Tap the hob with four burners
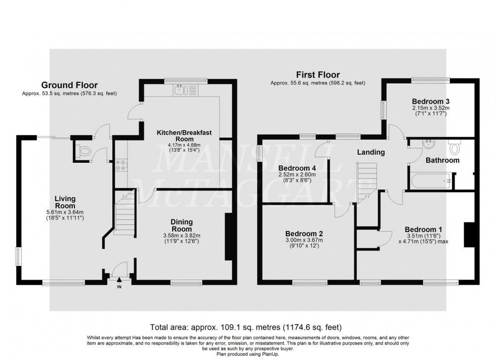point(122,165)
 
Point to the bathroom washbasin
point(429,143)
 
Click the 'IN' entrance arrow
point(119,281)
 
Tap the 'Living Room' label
point(65,202)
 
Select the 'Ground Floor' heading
point(69,85)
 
